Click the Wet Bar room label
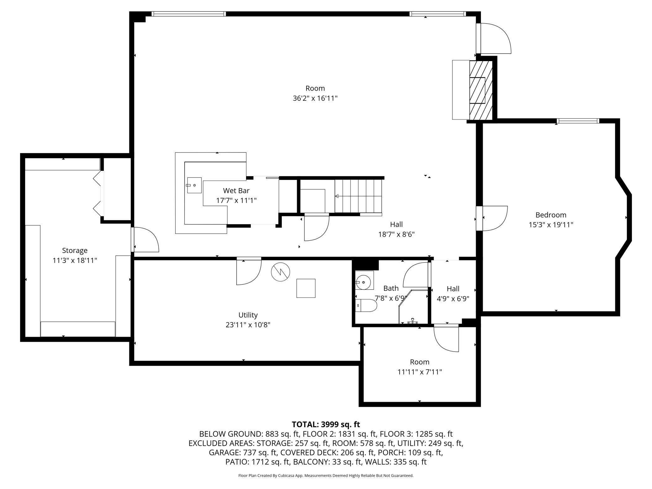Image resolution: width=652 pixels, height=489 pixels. coord(236,190)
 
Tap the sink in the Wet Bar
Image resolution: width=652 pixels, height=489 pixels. coord(194,185)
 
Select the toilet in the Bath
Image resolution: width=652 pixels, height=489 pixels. coord(366,305)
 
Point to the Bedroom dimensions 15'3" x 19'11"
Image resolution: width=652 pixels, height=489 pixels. coord(551,224)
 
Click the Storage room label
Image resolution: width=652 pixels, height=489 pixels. coord(75,250)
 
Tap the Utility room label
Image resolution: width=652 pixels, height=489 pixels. coord(248,315)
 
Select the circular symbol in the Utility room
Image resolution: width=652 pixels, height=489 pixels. coord(281,271)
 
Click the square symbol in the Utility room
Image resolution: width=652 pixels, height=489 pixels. coord(306,288)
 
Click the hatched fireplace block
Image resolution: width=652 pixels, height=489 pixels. coord(481,90)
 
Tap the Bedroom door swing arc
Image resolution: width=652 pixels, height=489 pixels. coord(495,218)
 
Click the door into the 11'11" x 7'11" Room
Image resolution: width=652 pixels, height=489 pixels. coord(446,339)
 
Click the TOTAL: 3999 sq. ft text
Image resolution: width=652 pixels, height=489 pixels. coord(326,424)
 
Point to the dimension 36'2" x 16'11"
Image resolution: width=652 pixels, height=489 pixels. coord(315,98)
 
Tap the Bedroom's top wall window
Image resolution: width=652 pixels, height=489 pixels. coord(578,121)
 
